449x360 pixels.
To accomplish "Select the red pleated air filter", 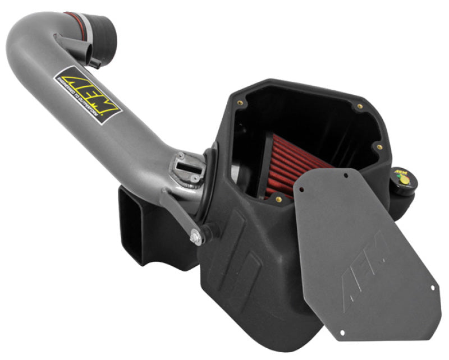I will point(292,168).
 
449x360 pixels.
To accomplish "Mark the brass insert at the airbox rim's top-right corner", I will point(354,105).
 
